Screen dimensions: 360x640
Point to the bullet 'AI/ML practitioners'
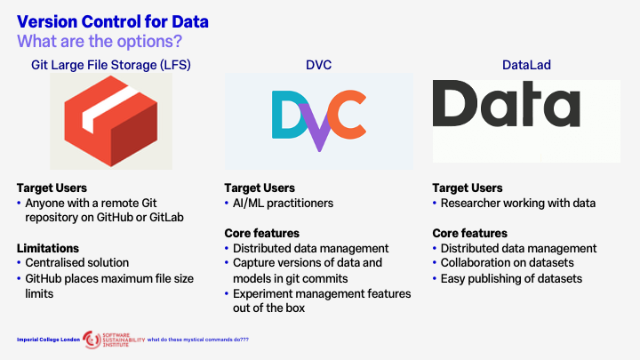283,203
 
